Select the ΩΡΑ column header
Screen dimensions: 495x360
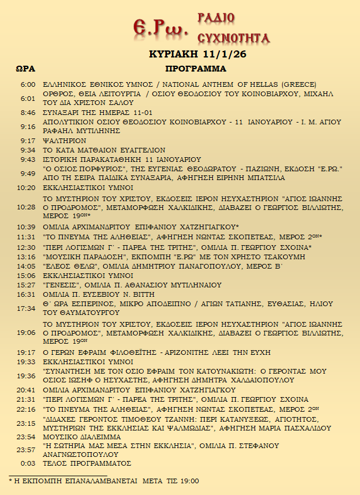[25, 69]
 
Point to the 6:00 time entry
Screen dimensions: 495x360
[28, 84]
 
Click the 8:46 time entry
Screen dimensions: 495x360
[28, 113]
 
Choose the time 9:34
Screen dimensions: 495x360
[28, 150]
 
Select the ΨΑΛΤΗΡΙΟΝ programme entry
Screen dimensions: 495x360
[65, 141]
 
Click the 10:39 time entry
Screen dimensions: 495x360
[26, 226]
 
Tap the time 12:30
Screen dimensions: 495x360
[26, 247]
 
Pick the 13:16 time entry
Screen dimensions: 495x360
[26, 257]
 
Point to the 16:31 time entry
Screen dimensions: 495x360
[26, 294]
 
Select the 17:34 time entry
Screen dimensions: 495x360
[26, 308]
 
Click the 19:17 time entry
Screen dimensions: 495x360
[26, 352]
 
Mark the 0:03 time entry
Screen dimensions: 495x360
[28, 463]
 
